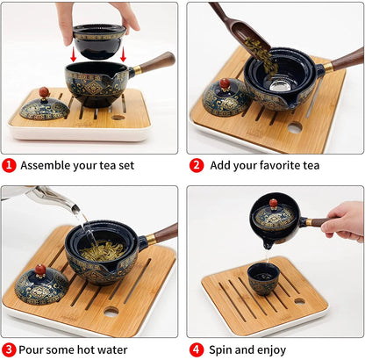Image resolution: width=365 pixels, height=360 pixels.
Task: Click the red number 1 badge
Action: coord(9,165)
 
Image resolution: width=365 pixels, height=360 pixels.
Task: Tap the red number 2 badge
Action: coord(196,165)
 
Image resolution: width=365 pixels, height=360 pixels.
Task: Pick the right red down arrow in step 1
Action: coord(124,54)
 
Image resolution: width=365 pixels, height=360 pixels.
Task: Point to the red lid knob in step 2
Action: coord(225,83)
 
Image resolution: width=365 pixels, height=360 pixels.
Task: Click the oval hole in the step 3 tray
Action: coord(111,311)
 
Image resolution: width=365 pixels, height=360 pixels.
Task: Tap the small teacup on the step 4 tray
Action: coord(263,279)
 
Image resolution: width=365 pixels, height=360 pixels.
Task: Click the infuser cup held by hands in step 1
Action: coord(97,39)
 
